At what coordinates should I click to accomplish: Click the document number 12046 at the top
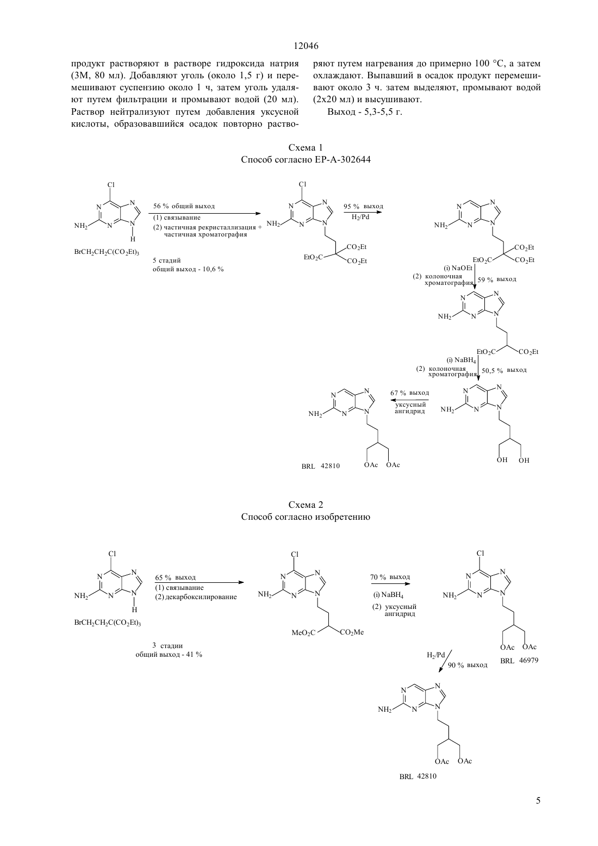(306, 46)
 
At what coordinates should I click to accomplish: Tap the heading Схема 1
(306, 147)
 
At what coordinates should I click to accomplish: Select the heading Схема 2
(306, 505)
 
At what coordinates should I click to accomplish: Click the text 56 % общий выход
(184, 206)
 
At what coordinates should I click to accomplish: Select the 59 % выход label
(497, 279)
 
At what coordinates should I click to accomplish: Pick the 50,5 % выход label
(504, 370)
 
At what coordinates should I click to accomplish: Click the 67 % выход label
(409, 393)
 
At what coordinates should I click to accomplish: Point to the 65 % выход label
(176, 577)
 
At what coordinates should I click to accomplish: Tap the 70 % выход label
(390, 577)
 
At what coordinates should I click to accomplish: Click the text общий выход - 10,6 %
(188, 269)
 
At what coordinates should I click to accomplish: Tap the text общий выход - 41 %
(169, 655)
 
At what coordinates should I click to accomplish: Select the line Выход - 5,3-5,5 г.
(365, 112)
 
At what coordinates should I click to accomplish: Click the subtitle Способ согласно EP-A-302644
(306, 160)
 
